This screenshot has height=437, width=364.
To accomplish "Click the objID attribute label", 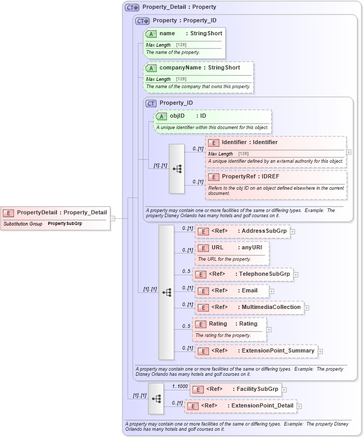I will (178, 116).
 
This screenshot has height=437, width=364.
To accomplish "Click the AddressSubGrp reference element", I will (243, 231).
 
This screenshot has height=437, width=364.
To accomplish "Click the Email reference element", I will (232, 291).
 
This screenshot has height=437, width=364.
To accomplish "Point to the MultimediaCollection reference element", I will (249, 307).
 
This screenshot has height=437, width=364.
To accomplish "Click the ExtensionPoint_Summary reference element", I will (256, 351).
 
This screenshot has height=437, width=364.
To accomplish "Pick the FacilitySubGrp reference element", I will (235, 389).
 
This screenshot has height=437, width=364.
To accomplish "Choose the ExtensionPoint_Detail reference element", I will (241, 406).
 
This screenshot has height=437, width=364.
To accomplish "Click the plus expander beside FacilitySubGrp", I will (284, 390).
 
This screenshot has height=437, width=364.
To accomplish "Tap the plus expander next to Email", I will (272, 291).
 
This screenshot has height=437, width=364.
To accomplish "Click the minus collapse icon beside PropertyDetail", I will (113, 218).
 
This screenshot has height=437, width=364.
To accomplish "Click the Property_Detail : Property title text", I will (179, 7).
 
